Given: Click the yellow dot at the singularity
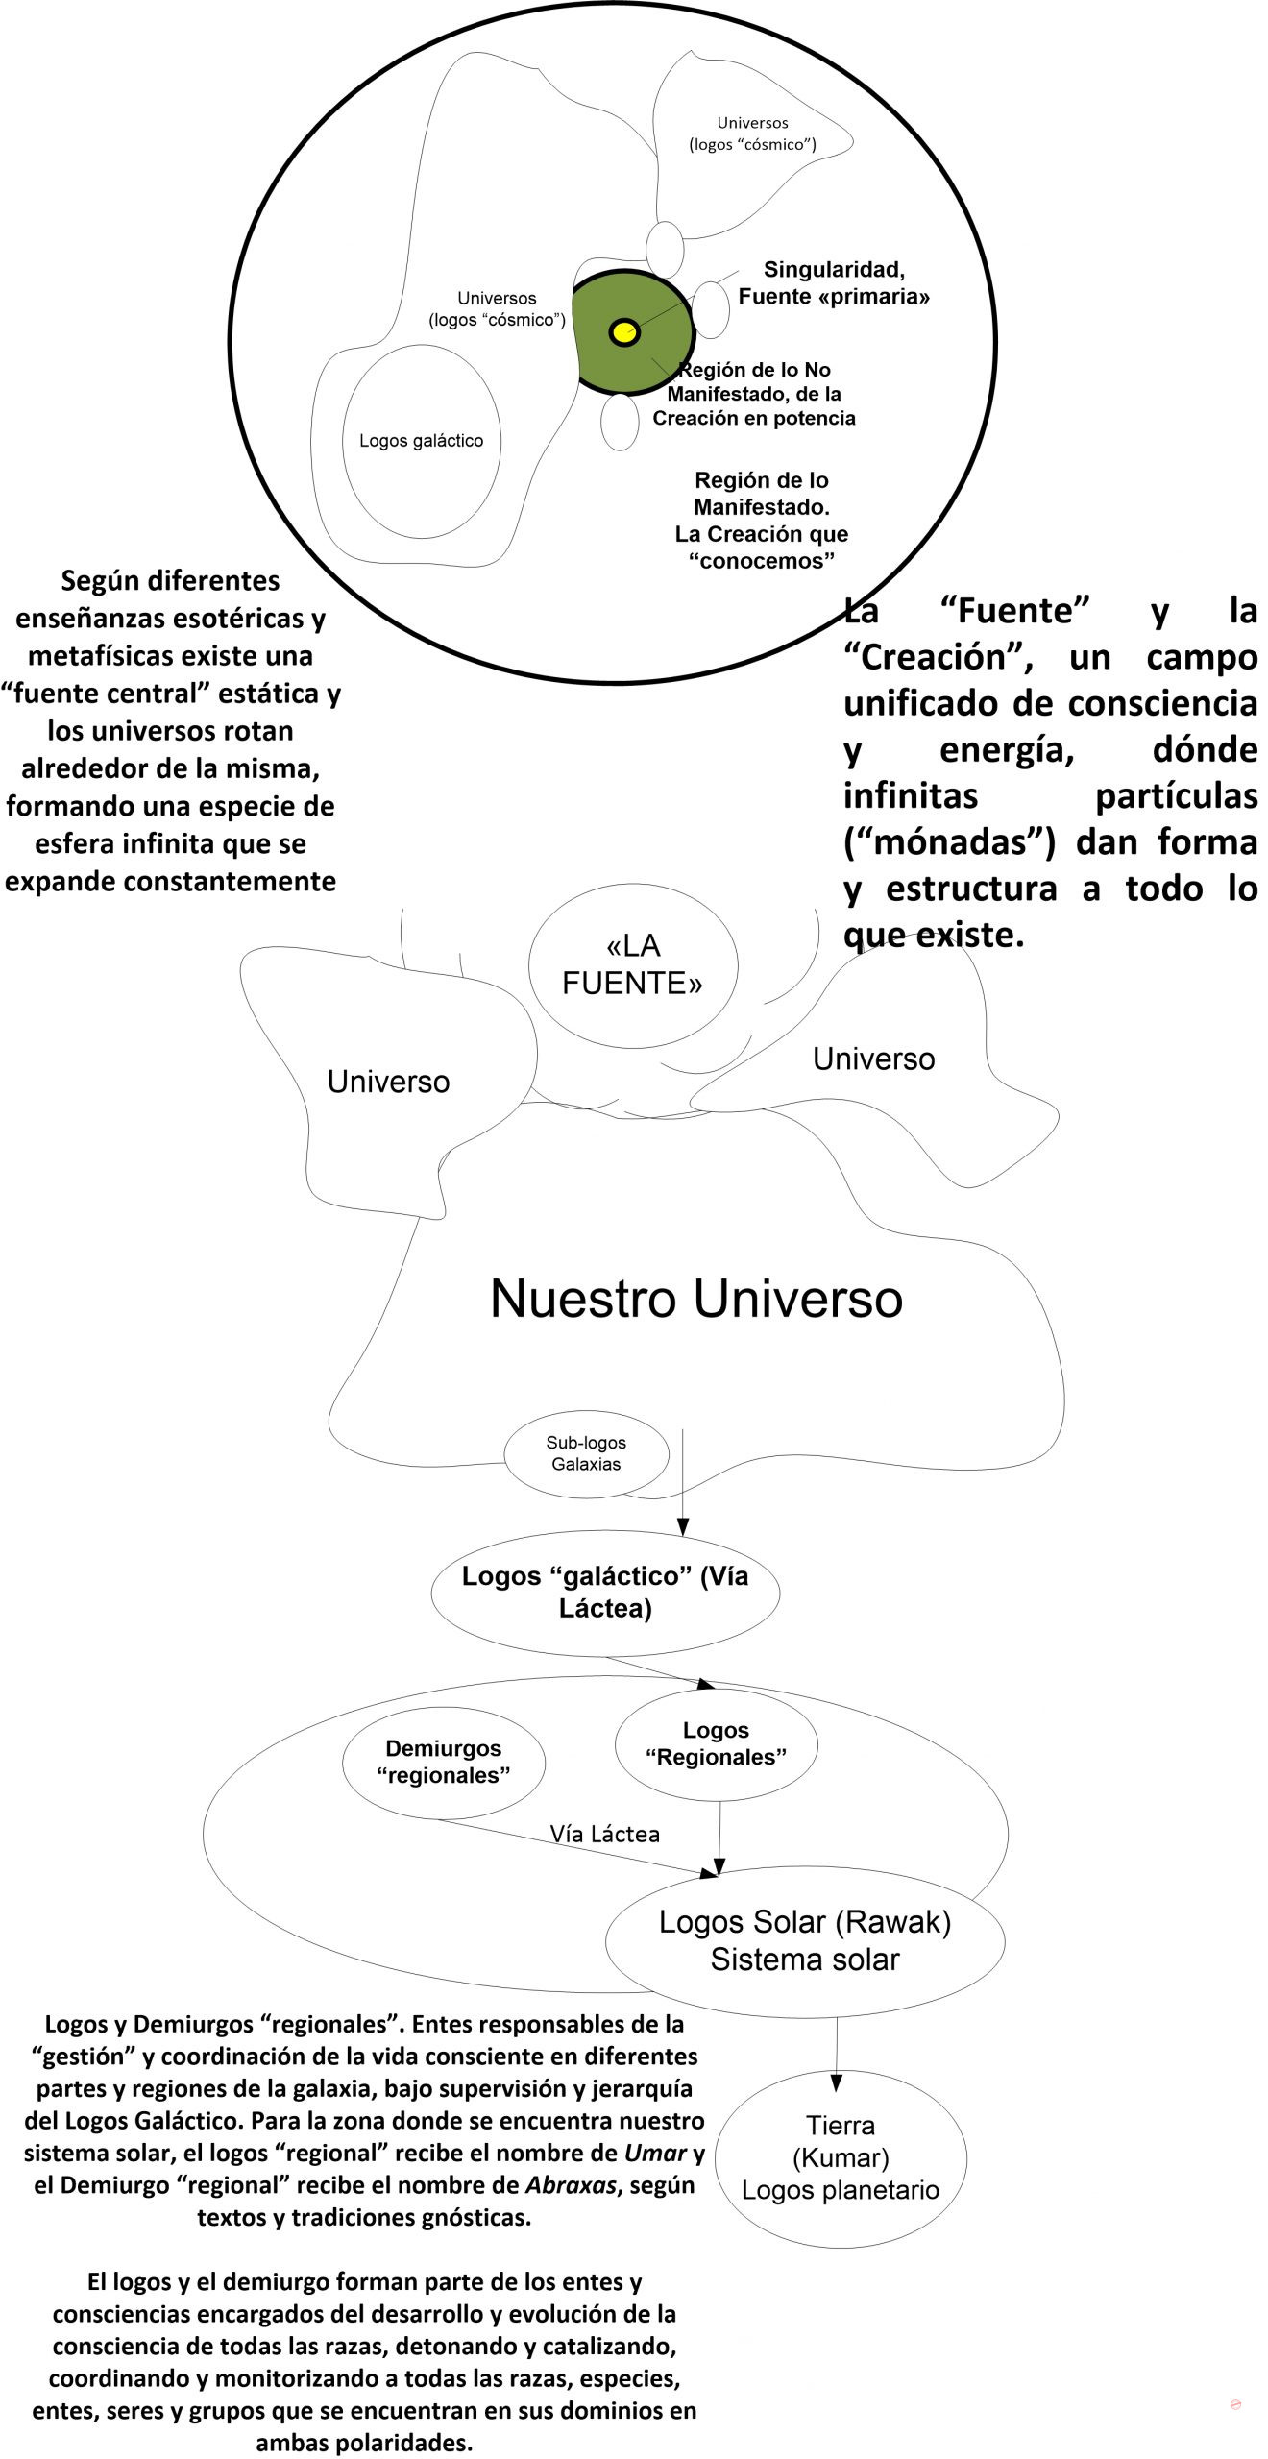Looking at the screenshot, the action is (x=624, y=332).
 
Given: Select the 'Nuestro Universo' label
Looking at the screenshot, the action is (x=696, y=1299).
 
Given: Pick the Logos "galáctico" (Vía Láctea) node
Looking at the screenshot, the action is (x=605, y=1593).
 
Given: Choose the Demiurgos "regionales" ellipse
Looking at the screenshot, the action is (x=444, y=1763).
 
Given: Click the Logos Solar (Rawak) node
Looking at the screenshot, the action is (x=805, y=1940).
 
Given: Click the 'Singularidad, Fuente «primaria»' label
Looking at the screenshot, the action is (x=834, y=283).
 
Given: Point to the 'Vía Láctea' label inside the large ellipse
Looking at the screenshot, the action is (x=605, y=1834).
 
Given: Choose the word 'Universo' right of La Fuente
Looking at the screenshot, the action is (x=873, y=1059).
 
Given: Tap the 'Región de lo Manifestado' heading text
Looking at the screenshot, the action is (x=762, y=493).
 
